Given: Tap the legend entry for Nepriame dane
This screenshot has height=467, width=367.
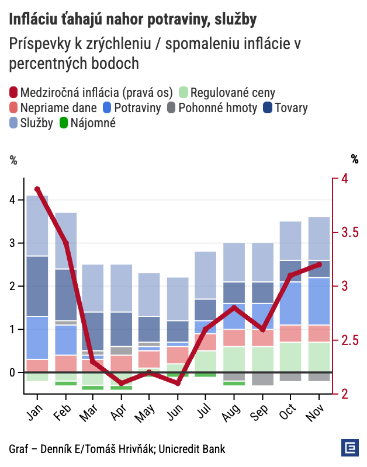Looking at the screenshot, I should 52,107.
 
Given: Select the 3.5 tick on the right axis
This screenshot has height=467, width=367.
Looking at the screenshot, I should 349,232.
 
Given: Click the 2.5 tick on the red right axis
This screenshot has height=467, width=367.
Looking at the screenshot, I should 349,340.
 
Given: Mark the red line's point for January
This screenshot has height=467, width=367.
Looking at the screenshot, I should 37,189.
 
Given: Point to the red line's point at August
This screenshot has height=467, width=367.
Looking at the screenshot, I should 234,308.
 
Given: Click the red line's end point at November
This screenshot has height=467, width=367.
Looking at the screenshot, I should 319,264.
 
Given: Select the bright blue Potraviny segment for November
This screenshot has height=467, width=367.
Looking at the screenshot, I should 319,301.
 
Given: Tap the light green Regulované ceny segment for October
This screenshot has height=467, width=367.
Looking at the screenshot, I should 290,357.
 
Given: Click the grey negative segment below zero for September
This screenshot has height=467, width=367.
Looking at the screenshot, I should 262,379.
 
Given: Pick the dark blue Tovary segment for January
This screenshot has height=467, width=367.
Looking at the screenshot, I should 37,286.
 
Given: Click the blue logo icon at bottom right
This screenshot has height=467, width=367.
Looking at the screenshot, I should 349,448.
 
